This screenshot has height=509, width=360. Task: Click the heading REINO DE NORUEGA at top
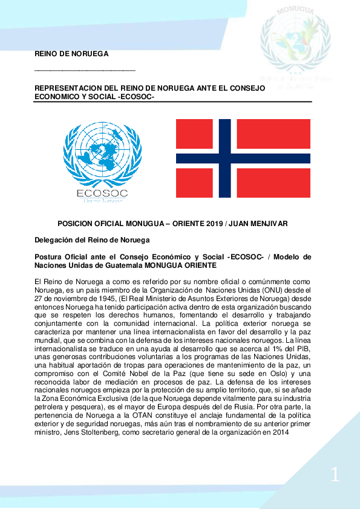point(71,54)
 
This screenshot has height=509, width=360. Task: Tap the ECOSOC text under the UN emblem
point(102,193)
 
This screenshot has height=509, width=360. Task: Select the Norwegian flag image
point(243,159)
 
